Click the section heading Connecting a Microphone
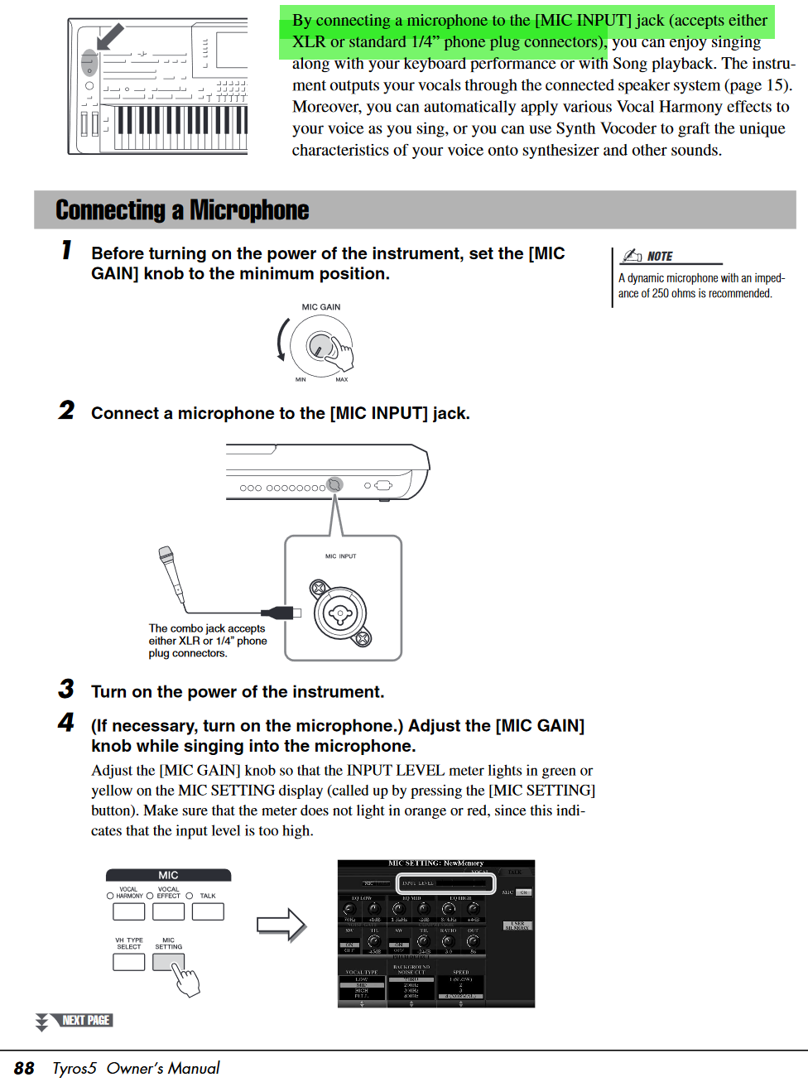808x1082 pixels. point(182,210)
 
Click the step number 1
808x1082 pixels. point(66,249)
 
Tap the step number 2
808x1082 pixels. point(66,410)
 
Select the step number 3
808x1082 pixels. point(66,689)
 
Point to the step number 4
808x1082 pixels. point(66,722)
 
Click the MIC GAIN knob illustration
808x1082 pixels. point(320,345)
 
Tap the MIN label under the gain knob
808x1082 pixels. point(301,380)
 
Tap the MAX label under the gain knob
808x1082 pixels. point(341,380)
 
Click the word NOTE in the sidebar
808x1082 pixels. point(660,257)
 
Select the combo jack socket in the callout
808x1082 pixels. point(340,613)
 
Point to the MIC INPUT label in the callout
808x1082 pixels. point(340,556)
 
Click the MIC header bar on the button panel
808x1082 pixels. point(168,875)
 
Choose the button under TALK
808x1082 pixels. point(208,911)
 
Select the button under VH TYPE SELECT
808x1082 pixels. point(129,962)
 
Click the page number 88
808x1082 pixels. point(24,1069)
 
